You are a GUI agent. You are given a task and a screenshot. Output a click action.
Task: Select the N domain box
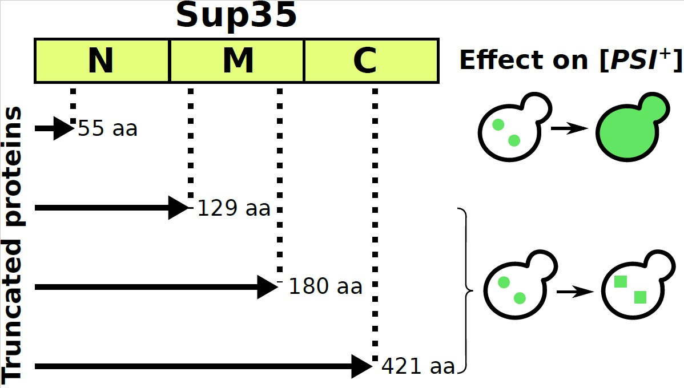[x=102, y=60]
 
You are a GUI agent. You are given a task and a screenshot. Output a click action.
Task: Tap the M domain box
[x=237, y=60]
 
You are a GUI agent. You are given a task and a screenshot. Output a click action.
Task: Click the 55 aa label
[x=107, y=128]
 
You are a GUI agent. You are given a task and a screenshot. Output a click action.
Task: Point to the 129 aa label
[x=233, y=208]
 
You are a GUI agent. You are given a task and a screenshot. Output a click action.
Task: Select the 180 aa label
[x=325, y=286]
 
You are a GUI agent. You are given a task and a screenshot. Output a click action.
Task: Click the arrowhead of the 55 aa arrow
[x=62, y=128]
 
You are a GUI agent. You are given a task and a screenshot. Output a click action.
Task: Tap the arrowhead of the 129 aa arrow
[x=178, y=208]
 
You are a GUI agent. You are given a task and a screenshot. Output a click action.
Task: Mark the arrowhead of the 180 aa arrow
[x=267, y=286]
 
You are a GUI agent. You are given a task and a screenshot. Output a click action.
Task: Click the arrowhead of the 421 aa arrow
[x=361, y=366]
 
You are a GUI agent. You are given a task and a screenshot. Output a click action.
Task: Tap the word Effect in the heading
[x=494, y=60]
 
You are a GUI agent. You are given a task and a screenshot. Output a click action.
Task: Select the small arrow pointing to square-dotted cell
[x=574, y=292]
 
